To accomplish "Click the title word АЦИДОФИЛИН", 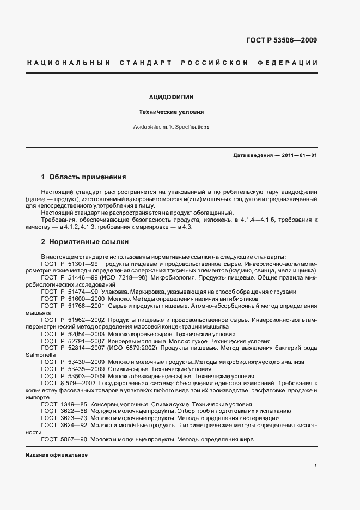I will tap(172, 97).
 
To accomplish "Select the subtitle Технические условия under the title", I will tap(172, 112).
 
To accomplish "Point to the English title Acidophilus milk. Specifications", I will tap(172, 126).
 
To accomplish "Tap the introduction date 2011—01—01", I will tap(300, 155).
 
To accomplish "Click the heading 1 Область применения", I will tap(84, 177).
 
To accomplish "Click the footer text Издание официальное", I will tap(57, 455).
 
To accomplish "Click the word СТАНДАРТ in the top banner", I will tap(147, 63).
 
